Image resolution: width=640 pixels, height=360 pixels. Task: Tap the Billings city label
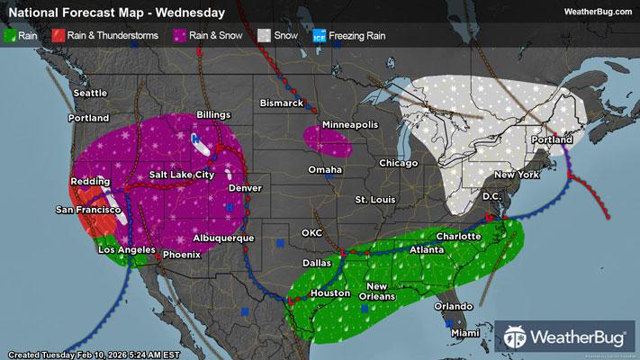213,115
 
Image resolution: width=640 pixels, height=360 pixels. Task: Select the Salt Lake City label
182,174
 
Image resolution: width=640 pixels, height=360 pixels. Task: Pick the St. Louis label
374,198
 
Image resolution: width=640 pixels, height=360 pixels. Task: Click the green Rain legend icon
11,35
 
